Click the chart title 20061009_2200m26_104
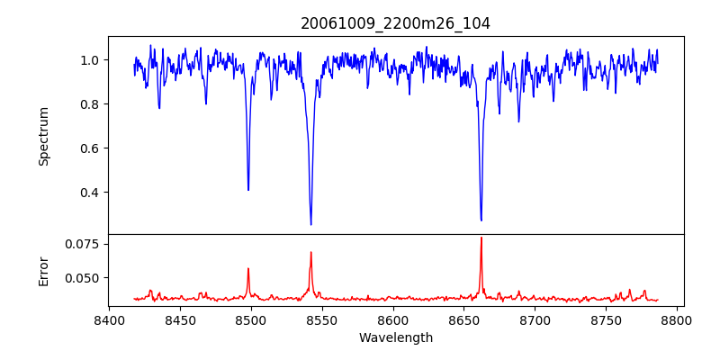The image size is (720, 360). [x=395, y=23]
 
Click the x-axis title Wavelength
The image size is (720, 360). [x=395, y=338]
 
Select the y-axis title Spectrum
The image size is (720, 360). [x=43, y=136]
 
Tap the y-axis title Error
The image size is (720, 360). [x=43, y=270]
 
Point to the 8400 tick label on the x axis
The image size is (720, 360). [x=109, y=319]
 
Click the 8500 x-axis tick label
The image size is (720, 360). [x=251, y=319]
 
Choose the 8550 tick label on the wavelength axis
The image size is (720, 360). [x=322, y=319]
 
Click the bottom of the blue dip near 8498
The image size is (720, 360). [x=248, y=190]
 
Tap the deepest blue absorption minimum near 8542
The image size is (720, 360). [x=310, y=224]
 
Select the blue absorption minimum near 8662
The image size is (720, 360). [x=481, y=220]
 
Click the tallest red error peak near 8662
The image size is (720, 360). [x=481, y=238]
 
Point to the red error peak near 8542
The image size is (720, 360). [x=310, y=252]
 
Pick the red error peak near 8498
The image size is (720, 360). [x=248, y=268]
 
